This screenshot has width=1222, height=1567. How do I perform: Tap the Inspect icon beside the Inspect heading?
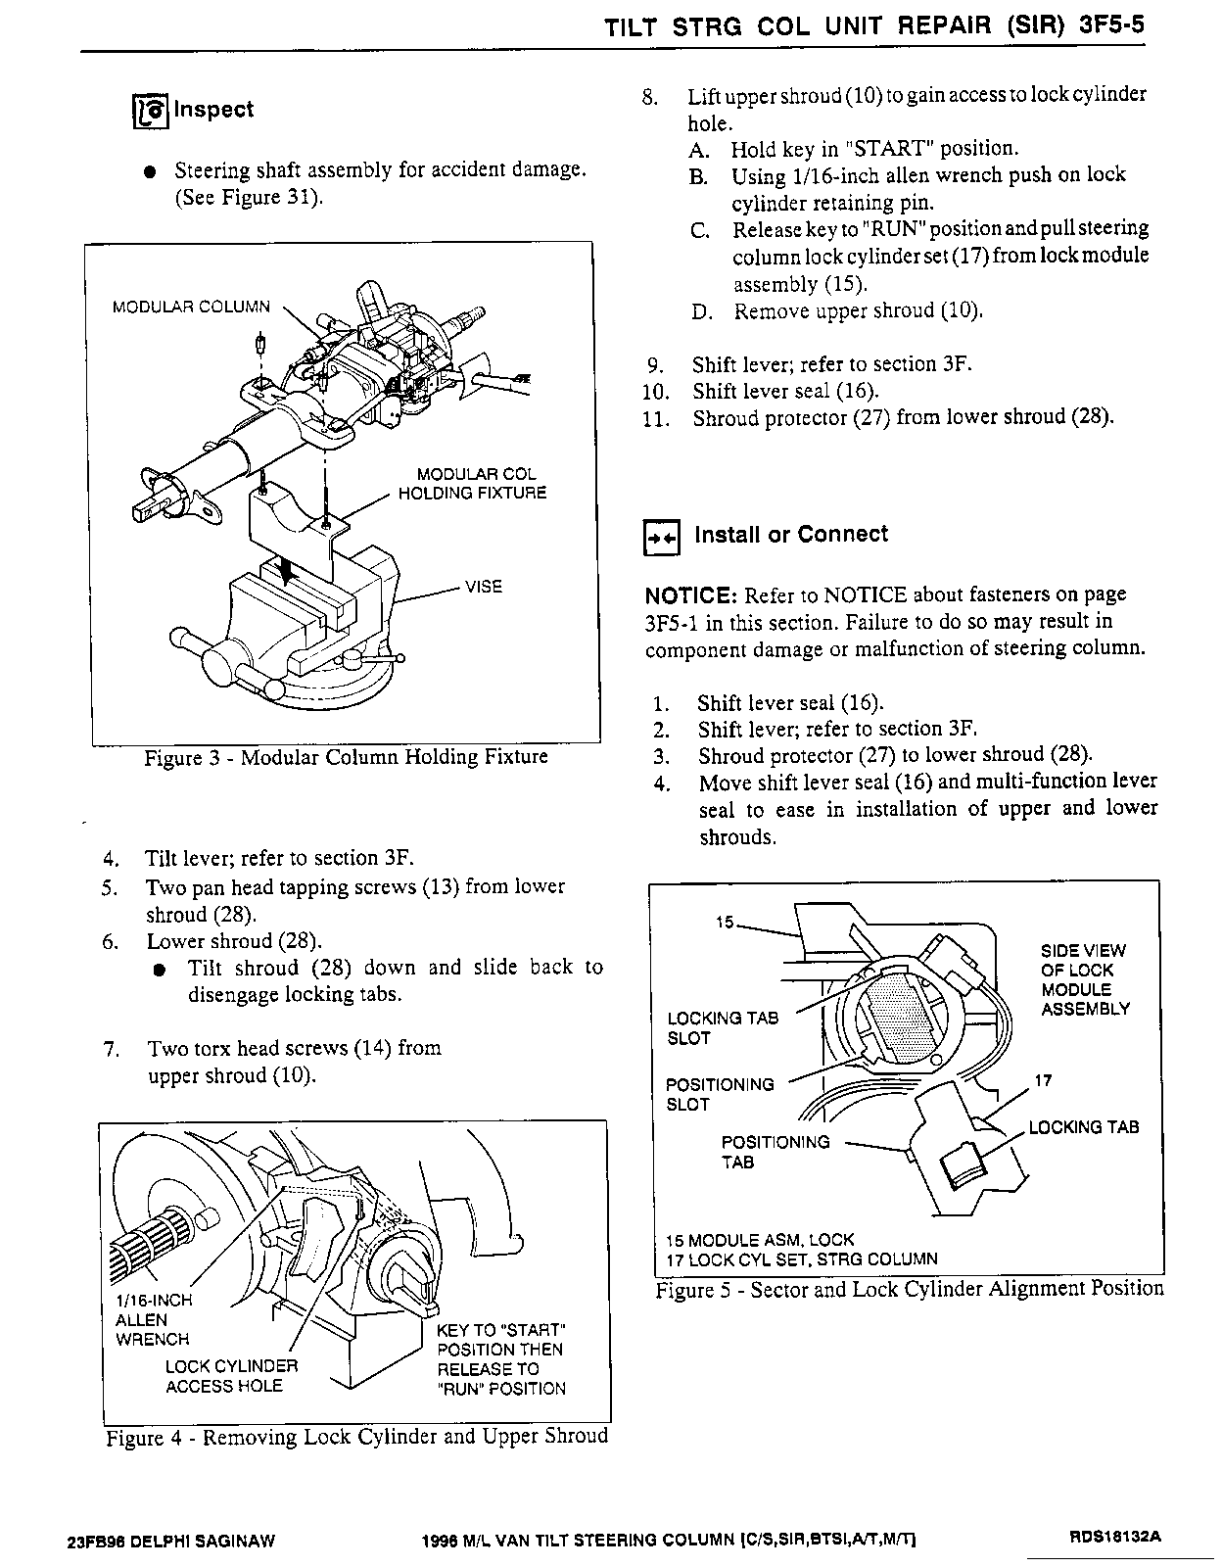[150, 112]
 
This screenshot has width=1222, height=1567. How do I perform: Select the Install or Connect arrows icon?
[661, 538]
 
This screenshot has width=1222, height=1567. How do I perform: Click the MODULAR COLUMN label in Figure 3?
[191, 307]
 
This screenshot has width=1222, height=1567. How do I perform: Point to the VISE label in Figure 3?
[484, 587]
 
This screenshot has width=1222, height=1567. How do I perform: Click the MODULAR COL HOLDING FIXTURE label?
[472, 484]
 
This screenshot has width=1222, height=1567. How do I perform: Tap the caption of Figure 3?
[346, 758]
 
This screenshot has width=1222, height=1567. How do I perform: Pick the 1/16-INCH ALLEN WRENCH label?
[153, 1319]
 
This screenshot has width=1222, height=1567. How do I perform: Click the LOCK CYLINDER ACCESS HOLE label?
[231, 1376]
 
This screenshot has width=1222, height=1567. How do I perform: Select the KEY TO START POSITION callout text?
[501, 1359]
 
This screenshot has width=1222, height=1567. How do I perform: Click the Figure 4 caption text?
[356, 1437]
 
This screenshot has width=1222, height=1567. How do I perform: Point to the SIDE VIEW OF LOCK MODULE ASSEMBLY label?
[1084, 979]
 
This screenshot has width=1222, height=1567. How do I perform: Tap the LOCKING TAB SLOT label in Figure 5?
[723, 1028]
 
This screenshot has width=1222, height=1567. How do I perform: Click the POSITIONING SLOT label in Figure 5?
[720, 1094]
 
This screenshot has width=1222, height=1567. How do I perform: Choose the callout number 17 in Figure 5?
[1043, 1081]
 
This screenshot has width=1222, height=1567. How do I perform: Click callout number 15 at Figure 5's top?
[725, 923]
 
